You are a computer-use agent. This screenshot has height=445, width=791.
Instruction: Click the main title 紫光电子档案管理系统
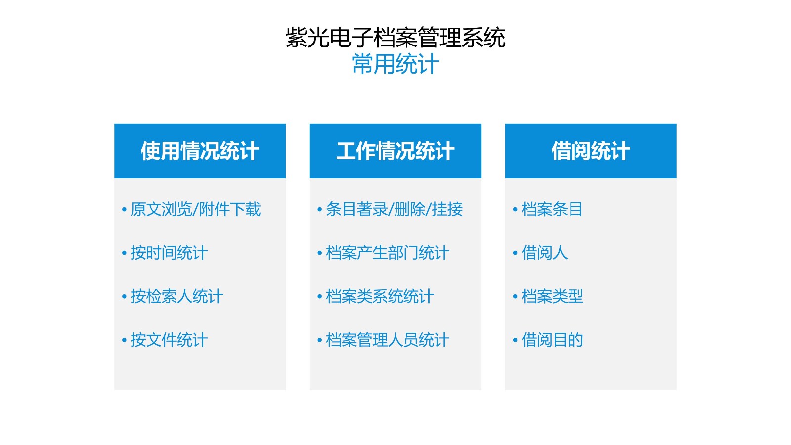pyautogui.click(x=395, y=38)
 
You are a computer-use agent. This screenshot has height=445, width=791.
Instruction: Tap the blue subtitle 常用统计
pyautogui.click(x=395, y=64)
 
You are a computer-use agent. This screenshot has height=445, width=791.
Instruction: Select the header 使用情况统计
pyautogui.click(x=200, y=151)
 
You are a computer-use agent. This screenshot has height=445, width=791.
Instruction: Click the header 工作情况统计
pyautogui.click(x=395, y=151)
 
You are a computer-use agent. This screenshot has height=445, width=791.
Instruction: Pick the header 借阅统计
pyautogui.click(x=591, y=151)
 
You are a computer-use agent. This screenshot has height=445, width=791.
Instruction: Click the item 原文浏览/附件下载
pyautogui.click(x=196, y=209)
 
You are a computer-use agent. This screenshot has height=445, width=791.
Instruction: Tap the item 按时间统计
pyautogui.click(x=169, y=253)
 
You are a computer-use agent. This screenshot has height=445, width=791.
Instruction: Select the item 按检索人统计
pyautogui.click(x=176, y=296)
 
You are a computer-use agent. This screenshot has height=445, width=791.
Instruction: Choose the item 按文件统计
pyautogui.click(x=169, y=340)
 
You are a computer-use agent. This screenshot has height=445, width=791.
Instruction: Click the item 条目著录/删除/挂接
pyautogui.click(x=394, y=209)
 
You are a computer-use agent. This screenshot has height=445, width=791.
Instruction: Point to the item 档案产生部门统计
pyautogui.click(x=388, y=253)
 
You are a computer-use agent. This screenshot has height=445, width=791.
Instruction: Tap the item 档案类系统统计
pyautogui.click(x=380, y=296)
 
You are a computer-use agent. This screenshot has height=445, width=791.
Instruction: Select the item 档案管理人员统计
pyautogui.click(x=388, y=340)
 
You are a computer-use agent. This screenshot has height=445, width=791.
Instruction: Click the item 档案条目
pyautogui.click(x=552, y=209)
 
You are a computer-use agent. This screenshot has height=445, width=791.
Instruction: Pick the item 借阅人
pyautogui.click(x=544, y=253)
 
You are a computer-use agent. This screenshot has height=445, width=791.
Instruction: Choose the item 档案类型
pyautogui.click(x=552, y=296)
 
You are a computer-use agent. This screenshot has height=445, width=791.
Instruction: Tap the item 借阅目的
pyautogui.click(x=552, y=340)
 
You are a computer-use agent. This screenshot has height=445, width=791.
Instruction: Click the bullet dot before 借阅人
pyautogui.click(x=515, y=253)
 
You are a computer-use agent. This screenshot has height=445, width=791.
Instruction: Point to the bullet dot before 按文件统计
pyautogui.click(x=124, y=340)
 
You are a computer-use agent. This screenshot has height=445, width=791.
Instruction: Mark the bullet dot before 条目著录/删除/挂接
pyautogui.click(x=319, y=210)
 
